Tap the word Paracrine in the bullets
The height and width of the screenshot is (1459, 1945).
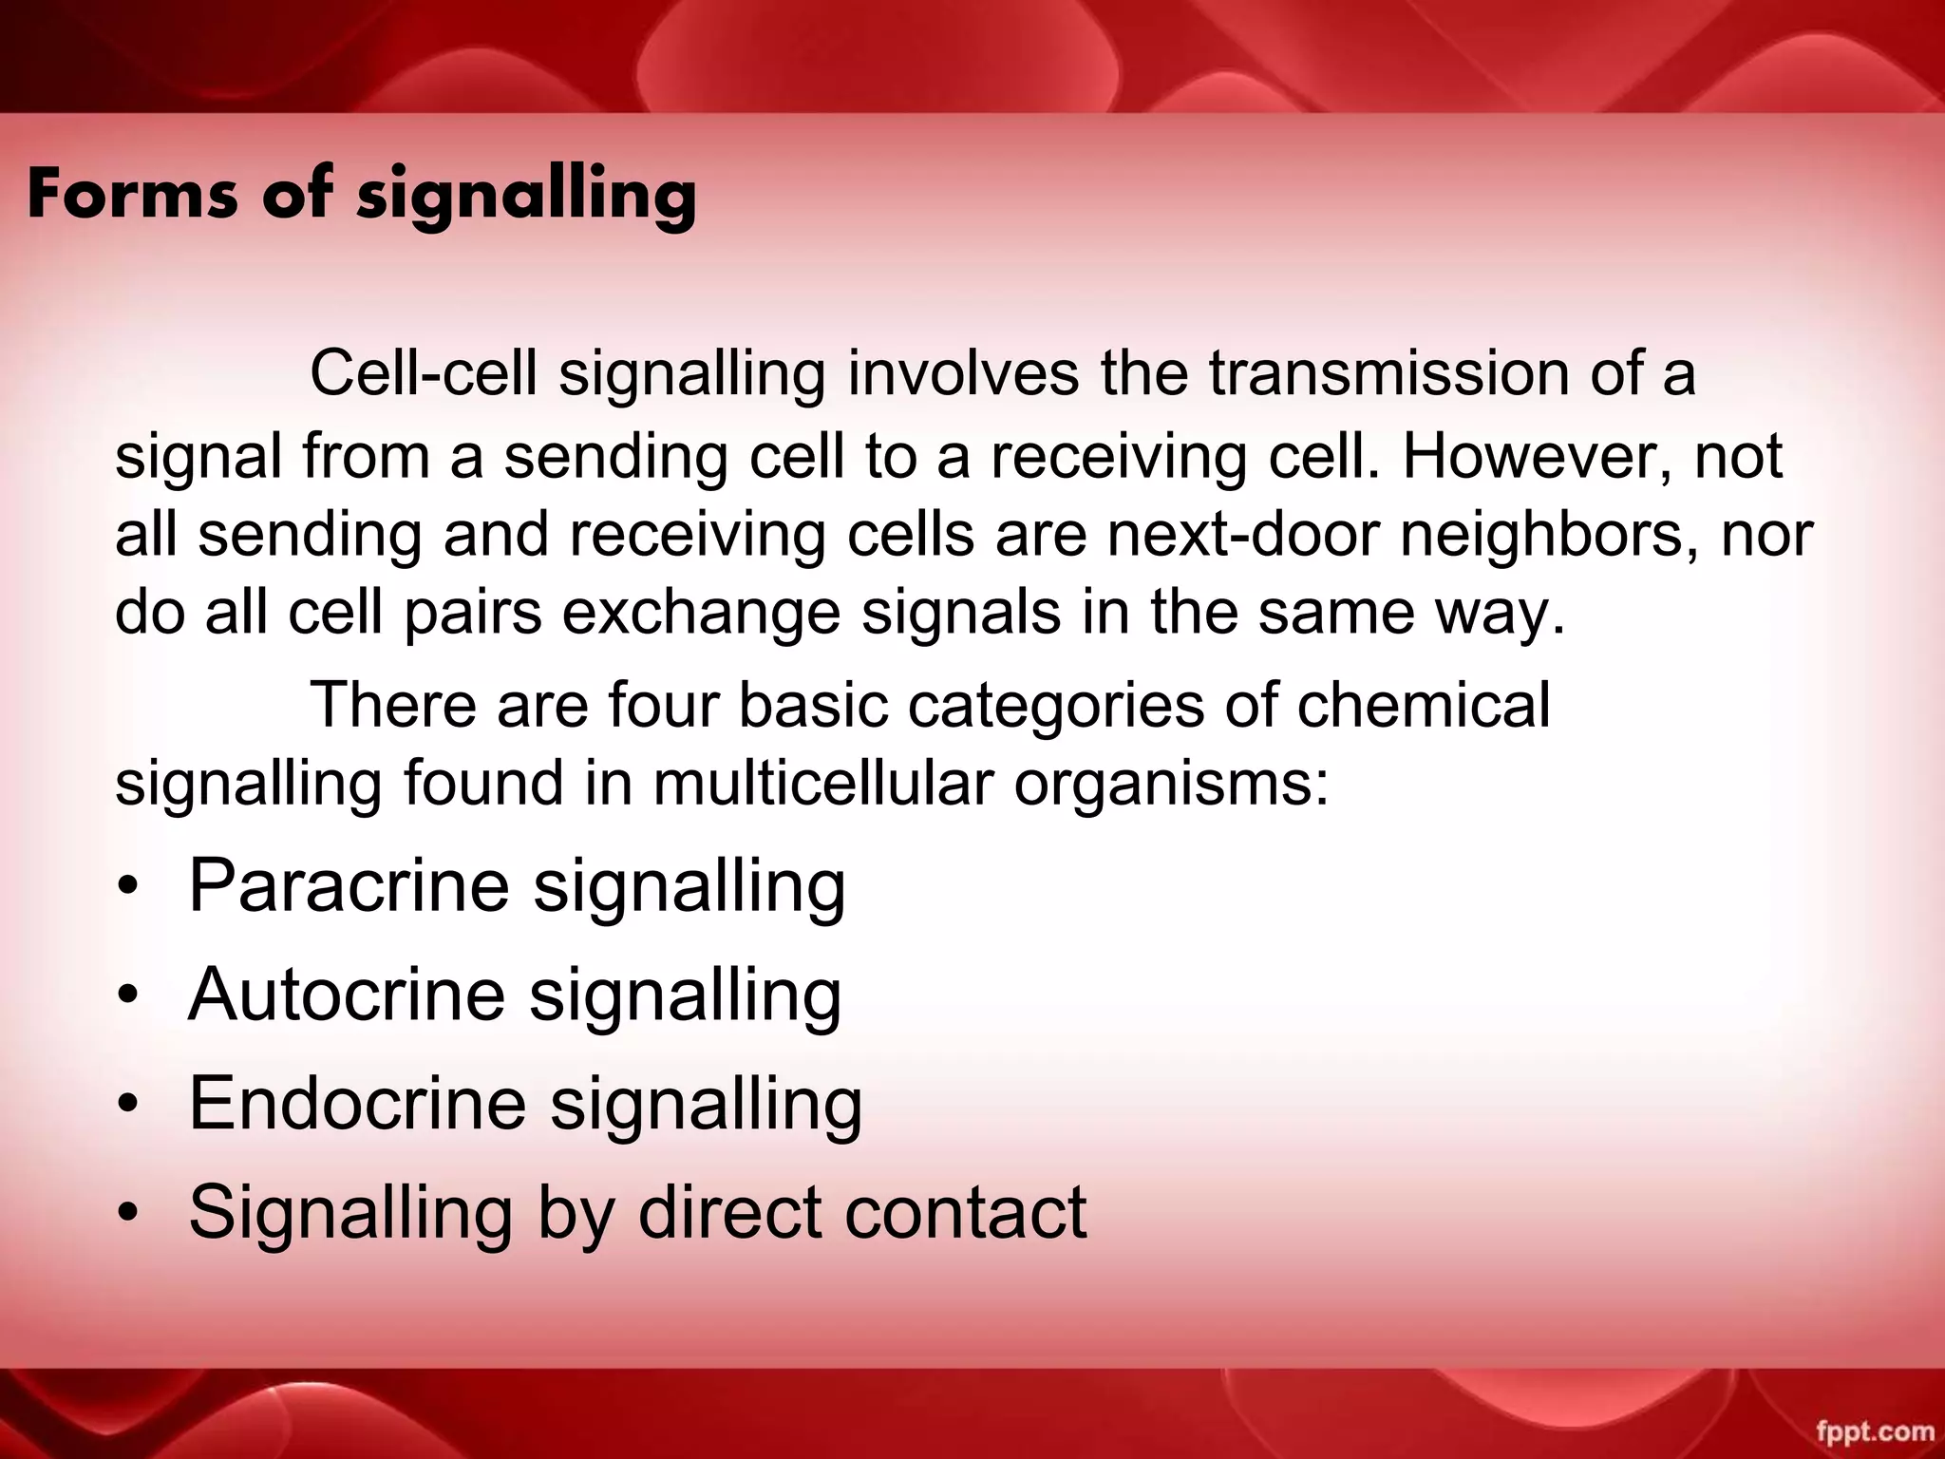(349, 885)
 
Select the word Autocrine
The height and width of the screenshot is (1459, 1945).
(347, 995)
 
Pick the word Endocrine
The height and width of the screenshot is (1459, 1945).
(357, 1103)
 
